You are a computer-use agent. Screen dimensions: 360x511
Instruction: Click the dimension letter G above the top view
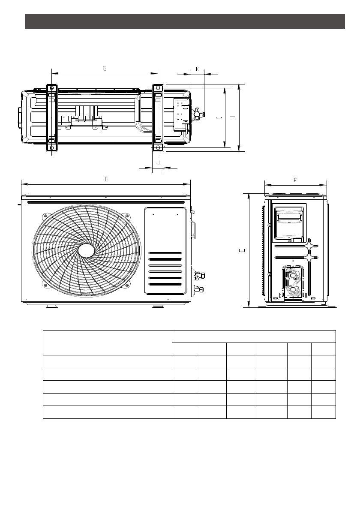click(105, 69)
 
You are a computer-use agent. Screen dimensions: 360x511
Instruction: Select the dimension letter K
click(198, 69)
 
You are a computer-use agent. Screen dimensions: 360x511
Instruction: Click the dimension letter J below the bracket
click(158, 162)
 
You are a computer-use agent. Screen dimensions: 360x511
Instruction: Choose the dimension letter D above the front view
click(106, 179)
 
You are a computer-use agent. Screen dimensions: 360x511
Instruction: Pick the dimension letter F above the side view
click(295, 180)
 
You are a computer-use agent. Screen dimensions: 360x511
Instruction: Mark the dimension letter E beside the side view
click(242, 250)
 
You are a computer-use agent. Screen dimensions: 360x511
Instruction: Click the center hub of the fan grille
click(86, 251)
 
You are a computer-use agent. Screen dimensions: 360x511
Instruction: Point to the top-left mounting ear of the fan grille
click(44, 215)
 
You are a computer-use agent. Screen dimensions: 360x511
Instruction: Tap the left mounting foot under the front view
click(51, 307)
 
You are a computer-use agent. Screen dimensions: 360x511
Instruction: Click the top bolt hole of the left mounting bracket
click(51, 88)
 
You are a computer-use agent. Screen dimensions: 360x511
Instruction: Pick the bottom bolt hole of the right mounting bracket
click(158, 148)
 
